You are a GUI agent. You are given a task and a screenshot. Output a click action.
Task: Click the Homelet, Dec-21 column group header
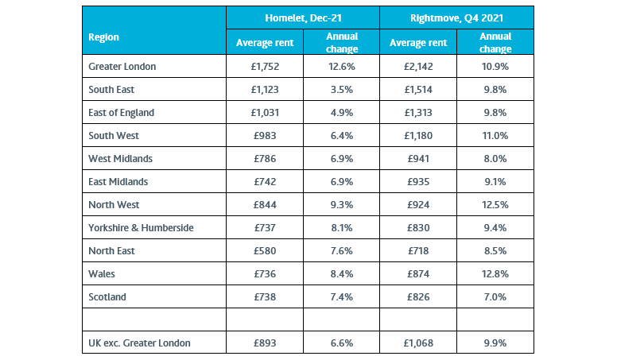(303, 18)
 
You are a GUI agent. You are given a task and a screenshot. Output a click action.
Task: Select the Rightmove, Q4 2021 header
(456, 18)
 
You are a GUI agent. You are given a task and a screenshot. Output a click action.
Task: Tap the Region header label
(103, 37)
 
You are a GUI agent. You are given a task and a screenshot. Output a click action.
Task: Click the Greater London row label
(122, 67)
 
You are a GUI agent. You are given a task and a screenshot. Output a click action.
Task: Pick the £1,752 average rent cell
(265, 67)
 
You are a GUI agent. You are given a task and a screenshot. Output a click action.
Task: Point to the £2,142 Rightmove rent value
(418, 67)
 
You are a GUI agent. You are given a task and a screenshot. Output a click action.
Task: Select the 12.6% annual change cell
(342, 67)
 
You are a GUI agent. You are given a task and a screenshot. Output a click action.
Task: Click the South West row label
(114, 136)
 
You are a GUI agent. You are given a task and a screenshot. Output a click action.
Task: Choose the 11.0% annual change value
(495, 136)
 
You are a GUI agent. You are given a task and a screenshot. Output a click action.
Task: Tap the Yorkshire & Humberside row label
(141, 228)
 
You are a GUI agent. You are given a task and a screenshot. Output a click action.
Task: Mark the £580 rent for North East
(265, 251)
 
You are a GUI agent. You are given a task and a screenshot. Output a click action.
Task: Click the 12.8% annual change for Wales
(495, 274)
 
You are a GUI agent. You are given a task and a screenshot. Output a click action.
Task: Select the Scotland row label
(107, 297)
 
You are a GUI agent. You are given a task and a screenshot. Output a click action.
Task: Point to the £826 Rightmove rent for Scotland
(418, 297)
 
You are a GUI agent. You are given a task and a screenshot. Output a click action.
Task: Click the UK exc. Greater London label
(139, 343)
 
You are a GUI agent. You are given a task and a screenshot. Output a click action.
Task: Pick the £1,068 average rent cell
(418, 343)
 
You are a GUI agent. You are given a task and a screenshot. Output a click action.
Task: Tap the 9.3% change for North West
(342, 205)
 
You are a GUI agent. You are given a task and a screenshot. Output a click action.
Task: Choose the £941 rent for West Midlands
(418, 159)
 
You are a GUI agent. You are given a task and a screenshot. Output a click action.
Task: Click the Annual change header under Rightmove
(495, 42)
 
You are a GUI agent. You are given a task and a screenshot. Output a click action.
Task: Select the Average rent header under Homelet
(265, 43)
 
